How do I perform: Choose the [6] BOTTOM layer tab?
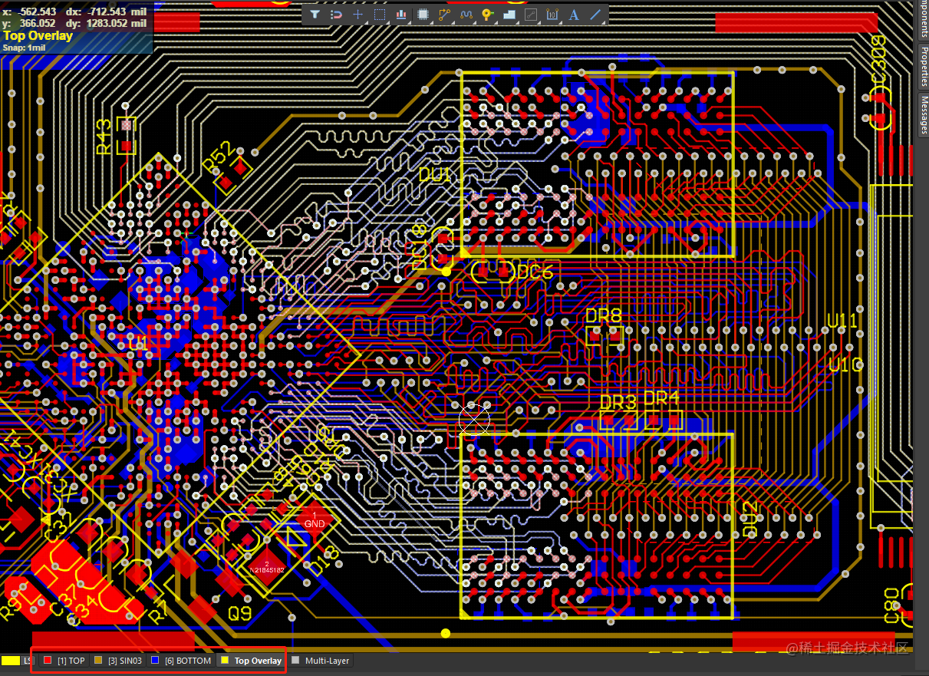pyautogui.click(x=182, y=661)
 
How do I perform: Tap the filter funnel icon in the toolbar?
pyautogui.click(x=315, y=14)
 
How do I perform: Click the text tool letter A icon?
pyautogui.click(x=573, y=14)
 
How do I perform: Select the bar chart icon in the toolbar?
pyautogui.click(x=401, y=14)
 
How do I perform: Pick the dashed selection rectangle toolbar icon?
pyautogui.click(x=380, y=14)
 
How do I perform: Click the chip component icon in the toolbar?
pyautogui.click(x=423, y=14)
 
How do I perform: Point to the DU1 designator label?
pyautogui.click(x=436, y=175)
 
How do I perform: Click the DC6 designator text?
pyautogui.click(x=535, y=272)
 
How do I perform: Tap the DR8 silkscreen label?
pyautogui.click(x=603, y=315)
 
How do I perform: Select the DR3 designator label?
pyautogui.click(x=618, y=403)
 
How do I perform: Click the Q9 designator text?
pyautogui.click(x=239, y=614)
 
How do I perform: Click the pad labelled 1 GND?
pyautogui.click(x=315, y=519)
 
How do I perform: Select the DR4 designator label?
pyautogui.click(x=661, y=398)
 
